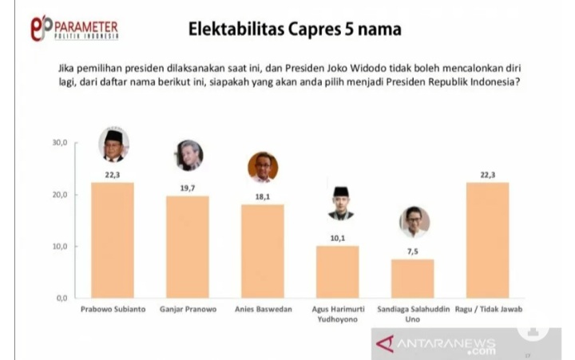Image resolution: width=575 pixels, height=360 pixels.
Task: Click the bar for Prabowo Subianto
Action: pos(113,239)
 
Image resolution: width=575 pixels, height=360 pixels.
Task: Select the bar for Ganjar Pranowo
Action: pos(188,246)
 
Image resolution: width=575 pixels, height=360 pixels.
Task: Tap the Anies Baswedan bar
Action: pos(263,251)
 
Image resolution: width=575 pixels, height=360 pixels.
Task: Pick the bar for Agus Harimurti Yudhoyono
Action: pos(338,271)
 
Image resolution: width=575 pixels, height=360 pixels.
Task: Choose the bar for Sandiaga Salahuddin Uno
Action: pos(413,278)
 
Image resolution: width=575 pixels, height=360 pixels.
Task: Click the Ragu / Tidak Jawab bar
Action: pos(487,239)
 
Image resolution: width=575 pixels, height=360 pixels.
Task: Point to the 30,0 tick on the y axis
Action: pos(61,144)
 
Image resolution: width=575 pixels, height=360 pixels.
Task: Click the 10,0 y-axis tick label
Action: pos(61,247)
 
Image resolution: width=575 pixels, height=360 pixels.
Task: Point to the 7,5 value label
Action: pos(414,252)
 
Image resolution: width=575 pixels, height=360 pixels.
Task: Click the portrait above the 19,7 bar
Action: pos(189,156)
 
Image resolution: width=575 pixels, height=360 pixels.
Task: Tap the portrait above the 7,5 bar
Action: pos(414,222)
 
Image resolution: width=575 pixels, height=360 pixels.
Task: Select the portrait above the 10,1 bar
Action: pos(341,203)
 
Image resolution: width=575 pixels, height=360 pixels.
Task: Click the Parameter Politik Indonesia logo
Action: pos(73,28)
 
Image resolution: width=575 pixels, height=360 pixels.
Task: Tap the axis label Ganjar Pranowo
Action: pos(188,309)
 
